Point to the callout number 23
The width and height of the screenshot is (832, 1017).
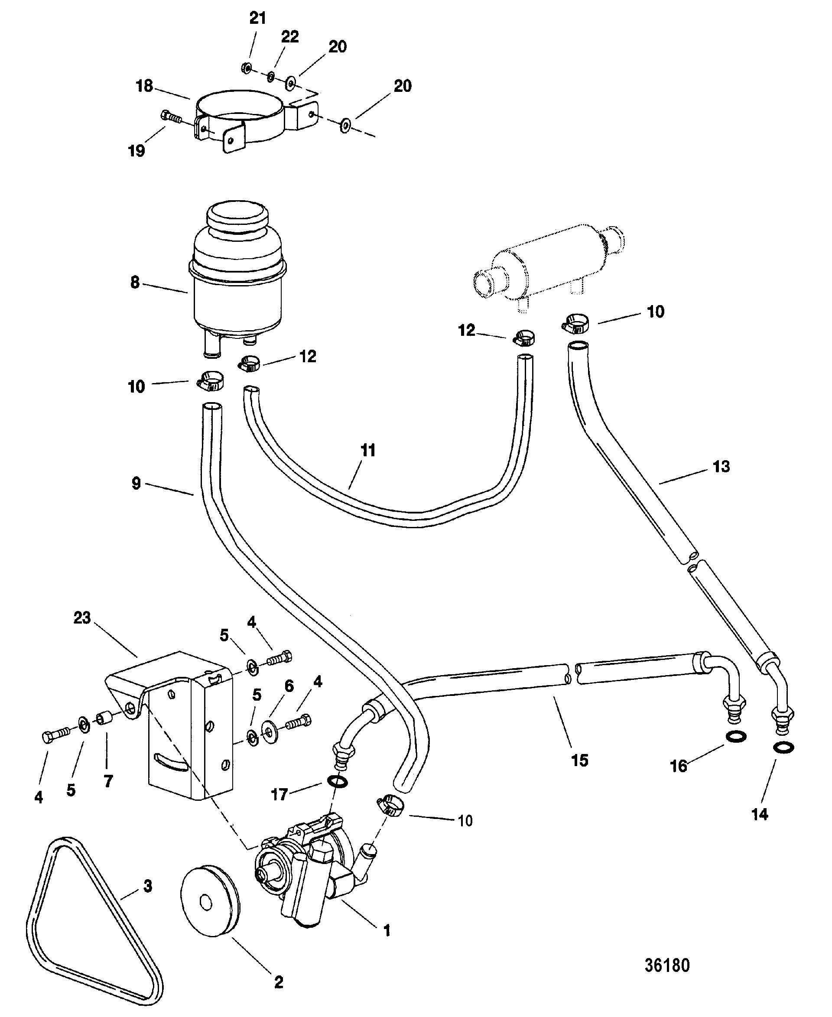click(81, 618)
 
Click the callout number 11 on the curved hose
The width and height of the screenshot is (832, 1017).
click(367, 451)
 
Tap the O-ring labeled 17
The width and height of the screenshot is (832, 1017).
click(338, 782)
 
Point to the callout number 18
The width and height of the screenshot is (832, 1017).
click(144, 86)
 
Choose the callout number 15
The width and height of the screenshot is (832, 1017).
click(579, 760)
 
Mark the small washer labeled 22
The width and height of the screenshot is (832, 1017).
click(271, 76)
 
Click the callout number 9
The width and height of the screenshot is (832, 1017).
click(136, 484)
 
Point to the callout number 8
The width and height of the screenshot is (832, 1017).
click(135, 282)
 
